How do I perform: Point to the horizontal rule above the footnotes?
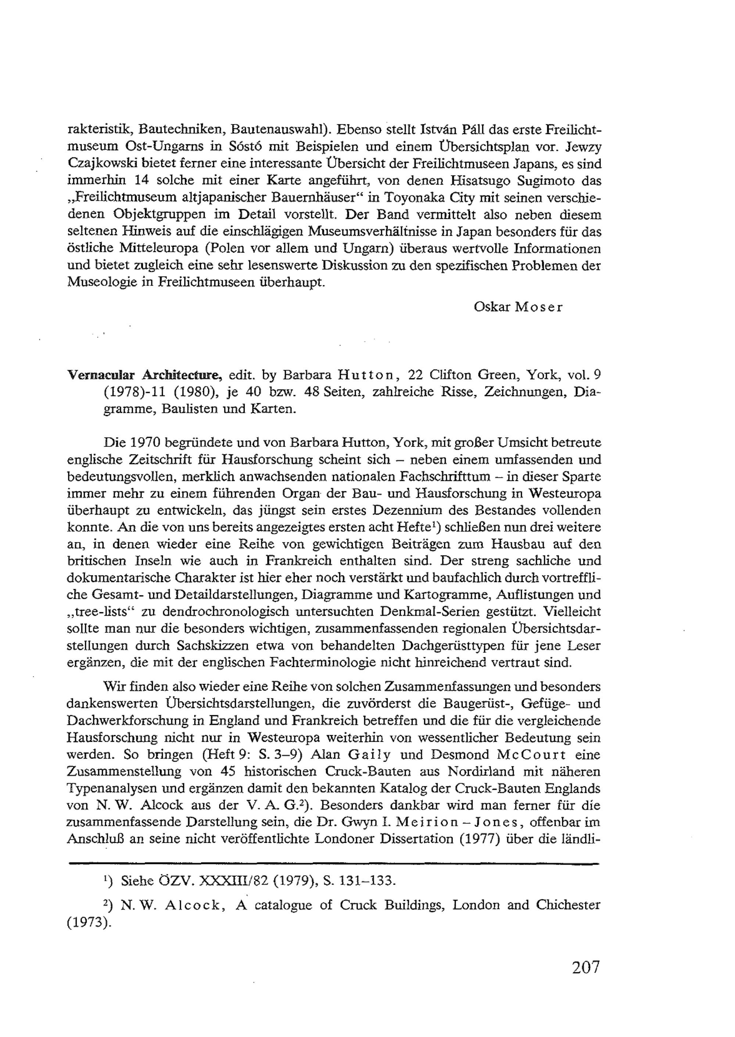pyautogui.click(x=330, y=863)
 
